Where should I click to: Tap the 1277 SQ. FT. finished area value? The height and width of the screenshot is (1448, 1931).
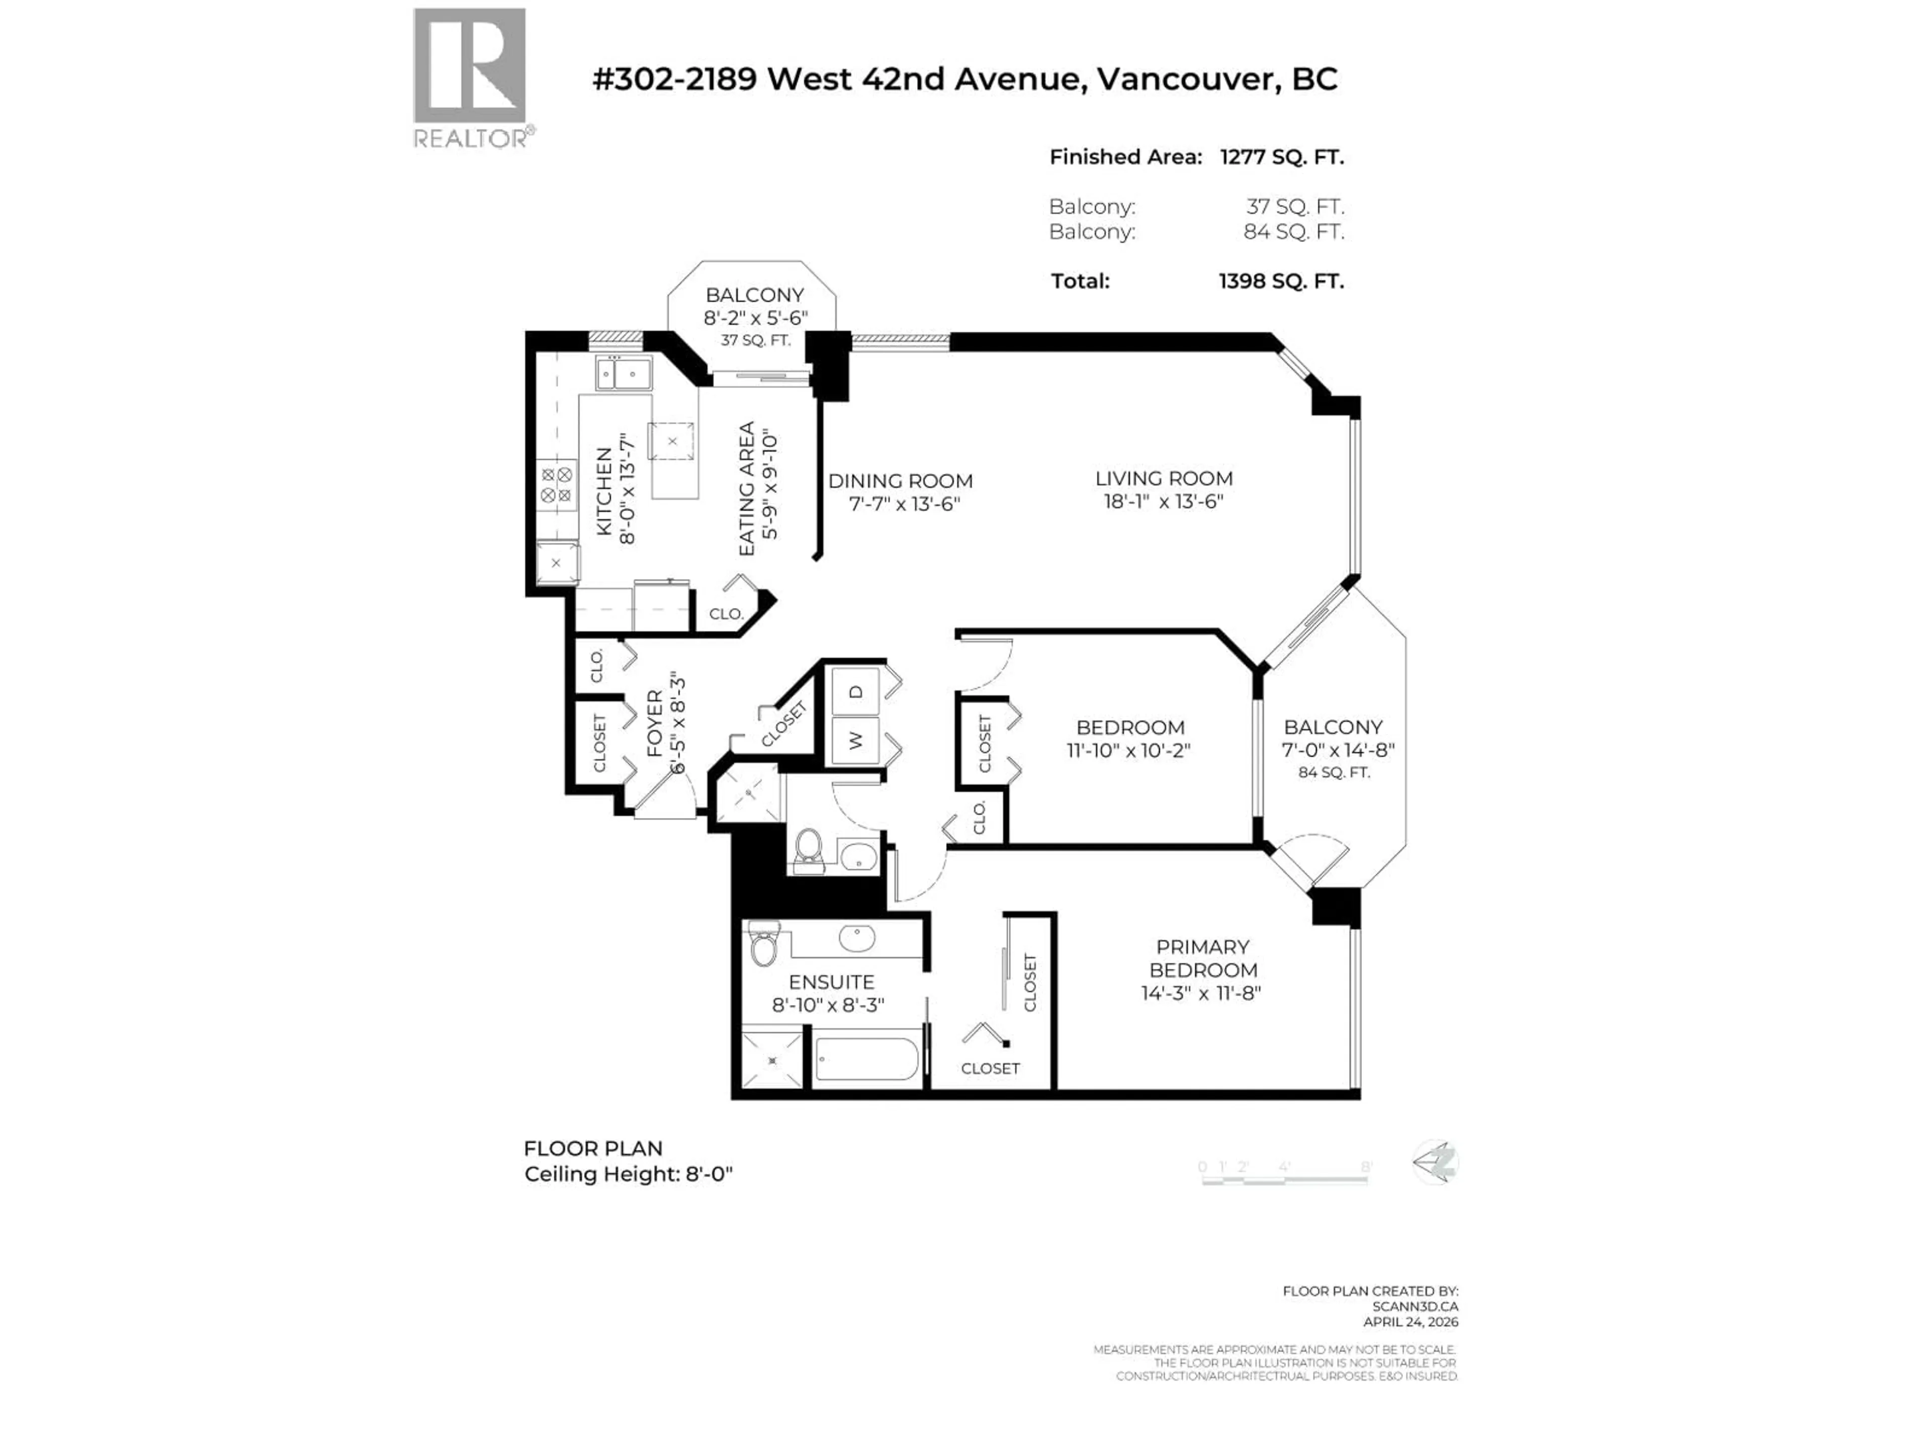[1281, 157]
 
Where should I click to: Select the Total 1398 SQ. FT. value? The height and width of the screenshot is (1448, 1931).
[1281, 281]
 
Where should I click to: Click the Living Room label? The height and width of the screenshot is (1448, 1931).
[1164, 478]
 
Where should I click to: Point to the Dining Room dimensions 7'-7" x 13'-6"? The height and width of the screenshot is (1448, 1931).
[904, 504]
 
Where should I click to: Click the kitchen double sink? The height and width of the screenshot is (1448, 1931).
[623, 374]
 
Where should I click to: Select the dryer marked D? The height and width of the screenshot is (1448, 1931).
[855, 692]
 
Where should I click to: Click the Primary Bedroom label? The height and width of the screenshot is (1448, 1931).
[1202, 958]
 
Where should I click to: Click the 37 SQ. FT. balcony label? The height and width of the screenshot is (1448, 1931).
[755, 340]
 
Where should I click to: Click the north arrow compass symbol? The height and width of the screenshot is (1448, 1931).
[1435, 1162]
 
